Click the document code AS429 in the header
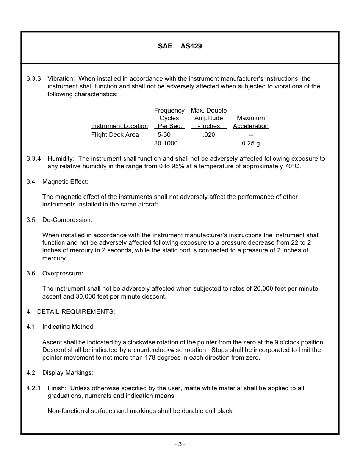click(x=191, y=46)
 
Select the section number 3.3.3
click(x=34, y=79)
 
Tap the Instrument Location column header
click(x=119, y=126)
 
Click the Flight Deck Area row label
click(x=115, y=135)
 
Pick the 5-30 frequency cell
click(x=164, y=135)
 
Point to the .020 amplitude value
click(x=209, y=135)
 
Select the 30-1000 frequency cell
click(x=166, y=144)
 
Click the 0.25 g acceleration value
click(x=250, y=144)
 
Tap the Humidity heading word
click(x=62, y=159)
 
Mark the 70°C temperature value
click(x=293, y=166)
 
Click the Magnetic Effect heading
click(x=65, y=182)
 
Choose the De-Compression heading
click(x=67, y=220)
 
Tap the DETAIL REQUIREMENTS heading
click(x=76, y=312)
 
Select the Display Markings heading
click(x=67, y=373)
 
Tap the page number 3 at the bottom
click(x=180, y=444)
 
